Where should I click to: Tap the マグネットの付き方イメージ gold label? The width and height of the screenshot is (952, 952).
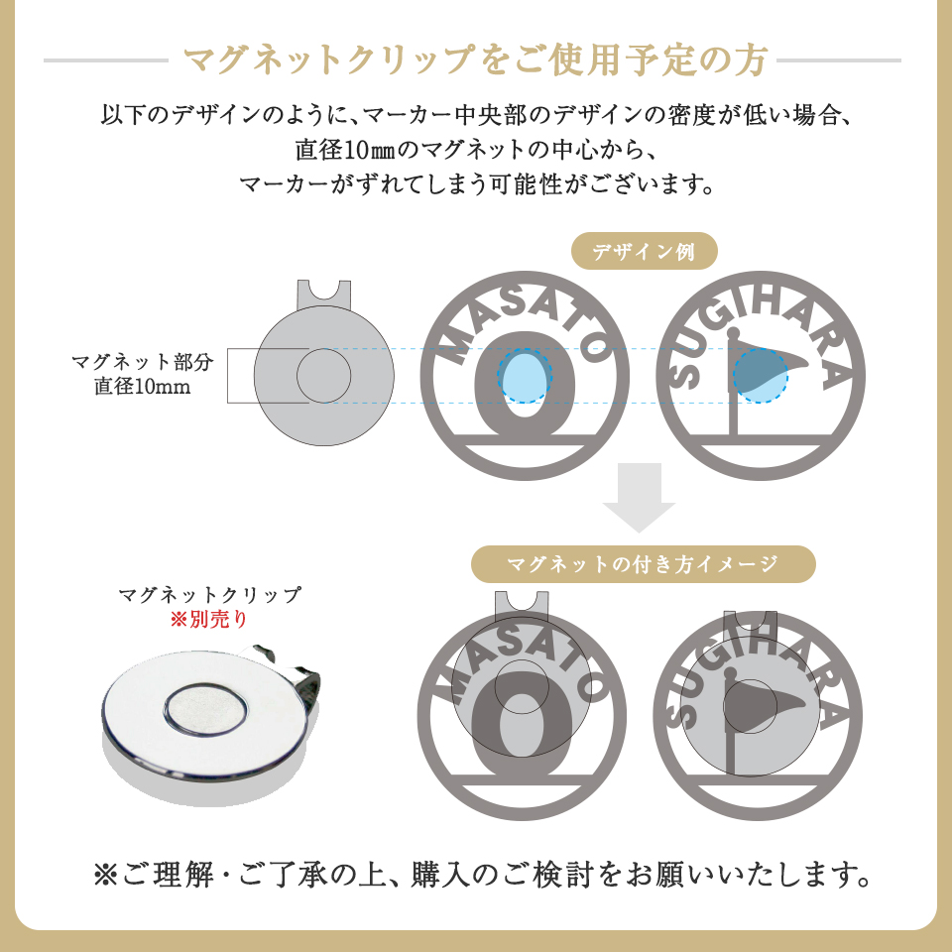point(643,564)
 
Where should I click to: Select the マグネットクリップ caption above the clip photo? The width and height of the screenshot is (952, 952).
point(208,595)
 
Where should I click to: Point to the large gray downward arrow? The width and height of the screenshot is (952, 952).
point(640,496)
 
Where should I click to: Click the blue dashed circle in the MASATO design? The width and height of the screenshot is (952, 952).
point(525,376)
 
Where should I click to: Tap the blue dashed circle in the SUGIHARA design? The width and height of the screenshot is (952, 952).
point(761,376)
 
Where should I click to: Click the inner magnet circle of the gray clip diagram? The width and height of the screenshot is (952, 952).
point(324,376)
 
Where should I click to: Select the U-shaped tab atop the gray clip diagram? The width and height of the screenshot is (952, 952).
point(324,294)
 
